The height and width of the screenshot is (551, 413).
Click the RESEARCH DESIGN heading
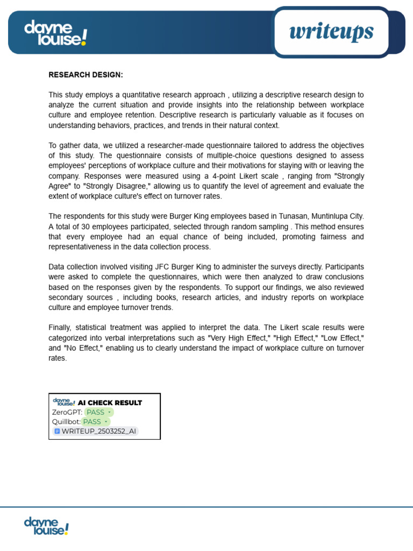click(86, 74)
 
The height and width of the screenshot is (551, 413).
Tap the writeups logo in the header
click(331, 32)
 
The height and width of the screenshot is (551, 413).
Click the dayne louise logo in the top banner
click(55, 33)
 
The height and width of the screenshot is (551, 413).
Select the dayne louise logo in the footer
click(46, 526)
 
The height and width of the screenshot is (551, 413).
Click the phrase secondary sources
click(80, 298)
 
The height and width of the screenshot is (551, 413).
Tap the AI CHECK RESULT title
click(110, 402)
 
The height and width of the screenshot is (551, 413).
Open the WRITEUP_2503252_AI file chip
click(95, 431)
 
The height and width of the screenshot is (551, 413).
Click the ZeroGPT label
click(67, 412)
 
